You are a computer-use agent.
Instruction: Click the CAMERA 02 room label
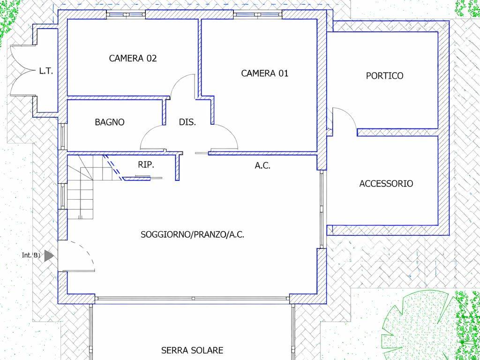point(133,58)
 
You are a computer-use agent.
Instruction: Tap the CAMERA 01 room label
point(265,74)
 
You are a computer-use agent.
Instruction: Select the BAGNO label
point(110,122)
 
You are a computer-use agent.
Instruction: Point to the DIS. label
point(187,122)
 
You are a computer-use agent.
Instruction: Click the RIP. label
point(146,165)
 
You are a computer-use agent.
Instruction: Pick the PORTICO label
point(384,75)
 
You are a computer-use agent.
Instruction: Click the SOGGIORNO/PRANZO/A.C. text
point(192,235)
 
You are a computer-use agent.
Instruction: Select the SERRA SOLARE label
point(192,350)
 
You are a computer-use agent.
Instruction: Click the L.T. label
point(46,72)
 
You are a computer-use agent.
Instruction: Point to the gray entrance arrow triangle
point(49,255)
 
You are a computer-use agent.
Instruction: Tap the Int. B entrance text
point(31,255)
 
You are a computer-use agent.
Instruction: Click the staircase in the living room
point(80,187)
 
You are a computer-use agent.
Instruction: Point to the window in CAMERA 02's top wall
point(126,15)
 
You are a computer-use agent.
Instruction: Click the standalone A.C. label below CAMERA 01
point(262,165)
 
